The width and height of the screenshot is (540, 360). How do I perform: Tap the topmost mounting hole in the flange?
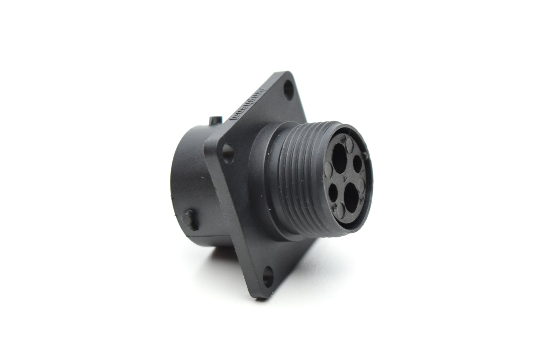pyautogui.click(x=289, y=90)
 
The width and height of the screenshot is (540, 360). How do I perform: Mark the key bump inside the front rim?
pyautogui.click(x=368, y=151)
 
